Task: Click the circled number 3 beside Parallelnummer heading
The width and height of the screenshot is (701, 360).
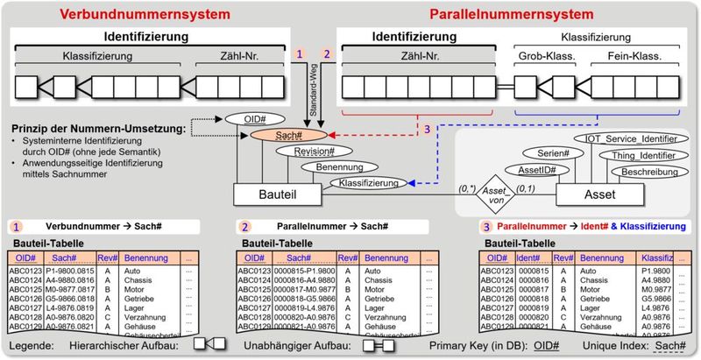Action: (x=486, y=227)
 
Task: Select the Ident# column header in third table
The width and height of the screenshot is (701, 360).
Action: (x=528, y=258)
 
